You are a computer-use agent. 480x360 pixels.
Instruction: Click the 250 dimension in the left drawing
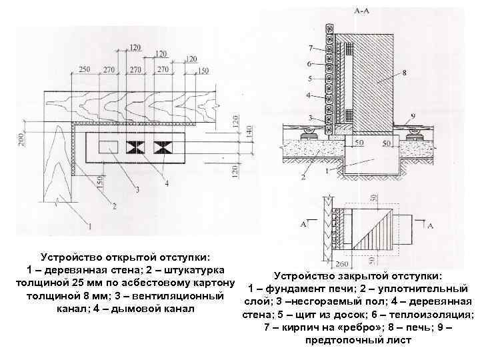(x=85, y=69)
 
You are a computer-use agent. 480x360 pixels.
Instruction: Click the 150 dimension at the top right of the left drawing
(x=203, y=71)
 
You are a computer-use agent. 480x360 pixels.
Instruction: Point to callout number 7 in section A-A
(x=310, y=47)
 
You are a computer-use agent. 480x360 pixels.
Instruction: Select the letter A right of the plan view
(x=429, y=226)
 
